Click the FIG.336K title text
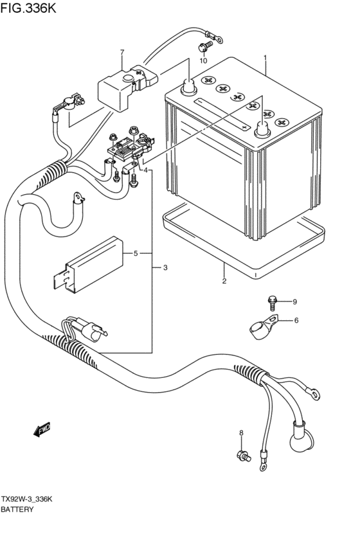coord(28,8)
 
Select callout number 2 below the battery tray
coord(224,281)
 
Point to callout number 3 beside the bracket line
coord(165,267)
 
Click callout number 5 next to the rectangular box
coord(136,253)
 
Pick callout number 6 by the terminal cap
coord(296,320)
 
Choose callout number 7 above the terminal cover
coord(122,52)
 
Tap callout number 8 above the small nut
coord(241,433)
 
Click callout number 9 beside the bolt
coord(295,301)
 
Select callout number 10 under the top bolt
coord(203,60)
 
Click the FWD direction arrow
coord(42,429)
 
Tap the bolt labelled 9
coord(273,303)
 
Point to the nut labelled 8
coord(243,456)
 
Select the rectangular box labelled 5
coord(88,264)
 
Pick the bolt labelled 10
coord(205,46)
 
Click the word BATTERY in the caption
coord(17,509)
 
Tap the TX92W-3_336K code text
coord(26,499)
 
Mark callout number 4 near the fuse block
coord(145,170)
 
